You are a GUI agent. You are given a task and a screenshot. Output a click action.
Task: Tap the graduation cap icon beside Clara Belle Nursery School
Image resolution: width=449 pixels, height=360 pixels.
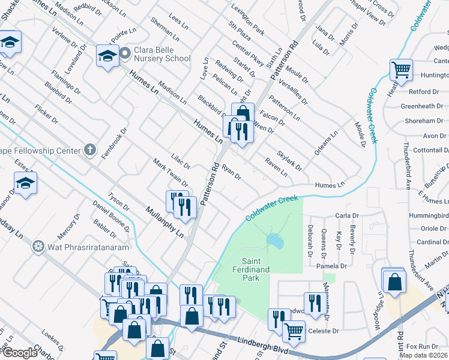point(108,56)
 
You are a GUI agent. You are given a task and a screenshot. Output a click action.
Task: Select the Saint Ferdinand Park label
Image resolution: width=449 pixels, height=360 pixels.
point(259,266)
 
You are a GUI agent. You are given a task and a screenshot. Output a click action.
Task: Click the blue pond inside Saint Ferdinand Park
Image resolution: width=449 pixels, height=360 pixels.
point(275,241)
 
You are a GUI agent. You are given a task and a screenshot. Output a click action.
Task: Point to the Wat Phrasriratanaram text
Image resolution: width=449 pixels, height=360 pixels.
point(81,247)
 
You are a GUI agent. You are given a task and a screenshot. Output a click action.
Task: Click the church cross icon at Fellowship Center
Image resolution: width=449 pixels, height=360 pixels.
point(89,149)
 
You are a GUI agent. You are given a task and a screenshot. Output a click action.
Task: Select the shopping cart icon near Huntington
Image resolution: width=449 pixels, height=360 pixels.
point(400,69)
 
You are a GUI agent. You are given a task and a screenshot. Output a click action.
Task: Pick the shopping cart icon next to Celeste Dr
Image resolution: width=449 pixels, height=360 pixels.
point(293,329)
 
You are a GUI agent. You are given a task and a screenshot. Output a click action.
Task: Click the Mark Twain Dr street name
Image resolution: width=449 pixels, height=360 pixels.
point(170,172)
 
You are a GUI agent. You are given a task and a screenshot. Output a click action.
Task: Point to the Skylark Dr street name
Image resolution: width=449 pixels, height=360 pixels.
point(289,160)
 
